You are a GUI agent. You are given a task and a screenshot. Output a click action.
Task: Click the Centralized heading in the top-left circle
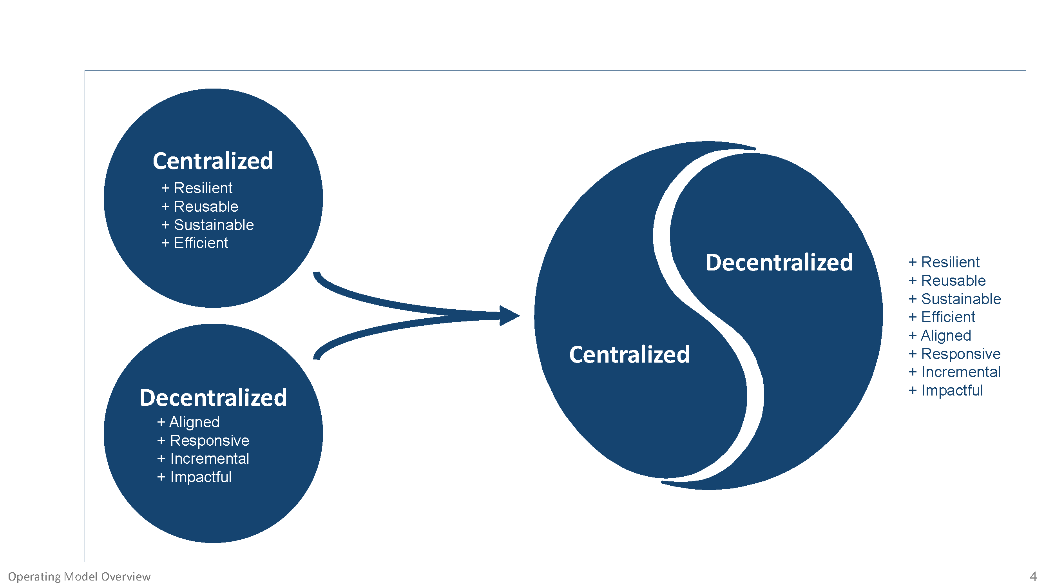coord(213,161)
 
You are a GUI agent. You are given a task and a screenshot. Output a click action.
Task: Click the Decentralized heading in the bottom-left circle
coord(214,397)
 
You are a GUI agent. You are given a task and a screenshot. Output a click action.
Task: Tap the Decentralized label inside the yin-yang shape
coord(779,262)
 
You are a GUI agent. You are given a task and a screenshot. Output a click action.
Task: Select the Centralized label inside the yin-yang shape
coord(629,354)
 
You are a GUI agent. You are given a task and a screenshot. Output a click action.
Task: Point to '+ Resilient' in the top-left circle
coord(197,188)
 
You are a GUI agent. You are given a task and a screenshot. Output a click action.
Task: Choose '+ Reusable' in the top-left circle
coord(199,207)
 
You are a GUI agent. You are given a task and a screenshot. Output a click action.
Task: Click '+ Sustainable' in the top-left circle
coord(207,225)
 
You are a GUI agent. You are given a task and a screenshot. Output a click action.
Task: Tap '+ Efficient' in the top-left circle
coord(195,243)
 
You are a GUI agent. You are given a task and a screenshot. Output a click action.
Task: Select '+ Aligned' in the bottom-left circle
coord(188,422)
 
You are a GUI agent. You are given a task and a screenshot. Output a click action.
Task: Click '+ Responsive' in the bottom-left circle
coord(203,440)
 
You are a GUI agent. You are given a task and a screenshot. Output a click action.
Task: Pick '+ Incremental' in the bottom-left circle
coord(203,459)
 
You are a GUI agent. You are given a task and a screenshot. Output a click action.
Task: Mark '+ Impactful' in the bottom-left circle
coord(194,477)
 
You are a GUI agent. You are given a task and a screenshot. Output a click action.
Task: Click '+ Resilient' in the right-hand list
coord(944,262)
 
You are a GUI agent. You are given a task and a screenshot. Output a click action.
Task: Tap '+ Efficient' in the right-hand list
coord(942,317)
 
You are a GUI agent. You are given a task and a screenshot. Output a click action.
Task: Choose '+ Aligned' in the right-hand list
coord(940,336)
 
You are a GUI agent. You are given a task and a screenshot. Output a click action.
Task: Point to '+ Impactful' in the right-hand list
coord(945,390)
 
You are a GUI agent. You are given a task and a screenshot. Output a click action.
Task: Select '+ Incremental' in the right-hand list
coord(954,372)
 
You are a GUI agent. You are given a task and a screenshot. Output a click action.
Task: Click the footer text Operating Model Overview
coord(80,577)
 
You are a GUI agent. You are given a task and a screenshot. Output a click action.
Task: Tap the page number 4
coord(1033,576)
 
